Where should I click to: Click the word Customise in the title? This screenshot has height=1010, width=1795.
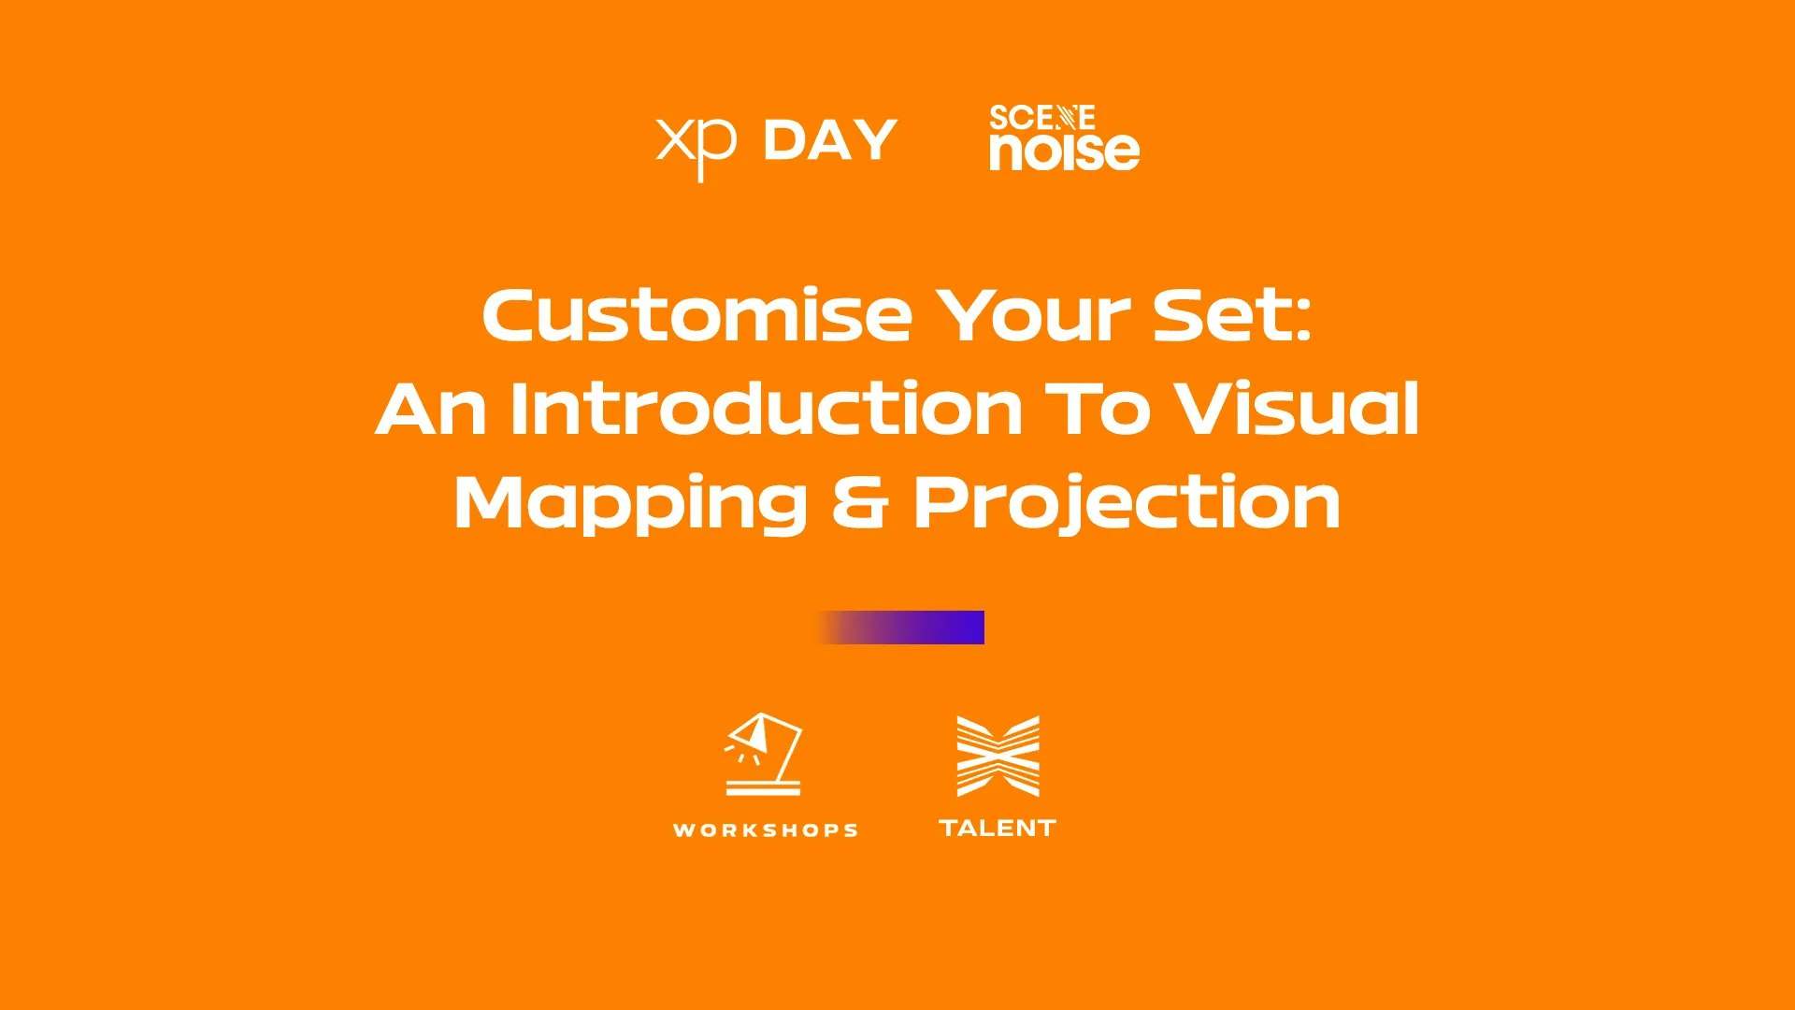(x=696, y=315)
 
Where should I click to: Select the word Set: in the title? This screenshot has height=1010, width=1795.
(x=1232, y=315)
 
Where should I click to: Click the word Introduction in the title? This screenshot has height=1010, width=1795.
(x=766, y=409)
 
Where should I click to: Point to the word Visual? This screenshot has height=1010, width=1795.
(x=1297, y=409)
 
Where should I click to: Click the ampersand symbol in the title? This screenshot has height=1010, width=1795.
(x=859, y=502)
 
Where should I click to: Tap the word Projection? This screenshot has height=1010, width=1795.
(x=1127, y=505)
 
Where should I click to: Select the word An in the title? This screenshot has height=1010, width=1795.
(x=431, y=410)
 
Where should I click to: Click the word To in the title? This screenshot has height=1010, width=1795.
(x=1097, y=410)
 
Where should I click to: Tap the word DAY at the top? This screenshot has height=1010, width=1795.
(x=830, y=140)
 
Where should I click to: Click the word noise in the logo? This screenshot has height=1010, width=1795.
(x=1065, y=151)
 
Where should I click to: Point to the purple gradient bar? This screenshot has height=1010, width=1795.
(x=899, y=628)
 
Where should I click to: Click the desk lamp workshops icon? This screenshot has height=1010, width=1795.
(x=764, y=754)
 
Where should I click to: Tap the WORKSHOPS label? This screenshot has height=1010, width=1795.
(x=766, y=830)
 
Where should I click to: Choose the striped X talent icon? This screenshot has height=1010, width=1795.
(x=998, y=757)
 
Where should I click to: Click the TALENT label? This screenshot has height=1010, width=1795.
(x=998, y=829)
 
